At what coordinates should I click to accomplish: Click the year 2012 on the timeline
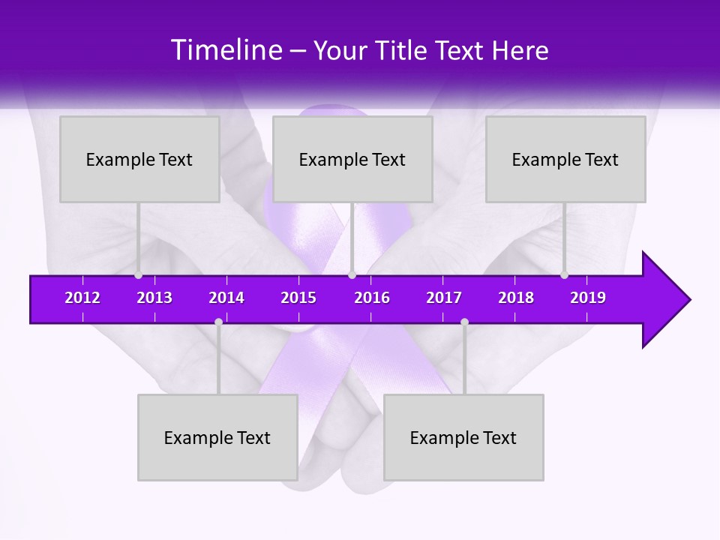tap(82, 298)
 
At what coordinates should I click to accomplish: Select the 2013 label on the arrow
tap(154, 298)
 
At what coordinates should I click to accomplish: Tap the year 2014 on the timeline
tap(226, 298)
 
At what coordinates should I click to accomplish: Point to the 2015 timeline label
tap(298, 298)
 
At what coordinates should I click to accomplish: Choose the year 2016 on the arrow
tap(372, 298)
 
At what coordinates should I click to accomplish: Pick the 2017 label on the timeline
tap(444, 298)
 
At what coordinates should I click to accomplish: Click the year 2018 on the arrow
tap(516, 298)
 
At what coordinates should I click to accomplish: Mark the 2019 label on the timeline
tap(588, 298)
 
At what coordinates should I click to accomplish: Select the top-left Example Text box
tap(139, 159)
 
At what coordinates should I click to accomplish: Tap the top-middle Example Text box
tap(352, 159)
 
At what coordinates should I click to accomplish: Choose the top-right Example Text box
tap(565, 159)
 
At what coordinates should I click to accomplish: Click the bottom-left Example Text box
tap(217, 437)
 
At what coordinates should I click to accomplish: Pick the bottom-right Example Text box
tap(463, 437)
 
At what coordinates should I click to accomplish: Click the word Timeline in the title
tap(226, 50)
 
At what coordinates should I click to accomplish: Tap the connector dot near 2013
tap(138, 275)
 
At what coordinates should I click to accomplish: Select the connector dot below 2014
tap(218, 322)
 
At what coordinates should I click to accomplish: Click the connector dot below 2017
tap(464, 322)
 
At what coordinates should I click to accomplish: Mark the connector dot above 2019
tap(564, 275)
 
